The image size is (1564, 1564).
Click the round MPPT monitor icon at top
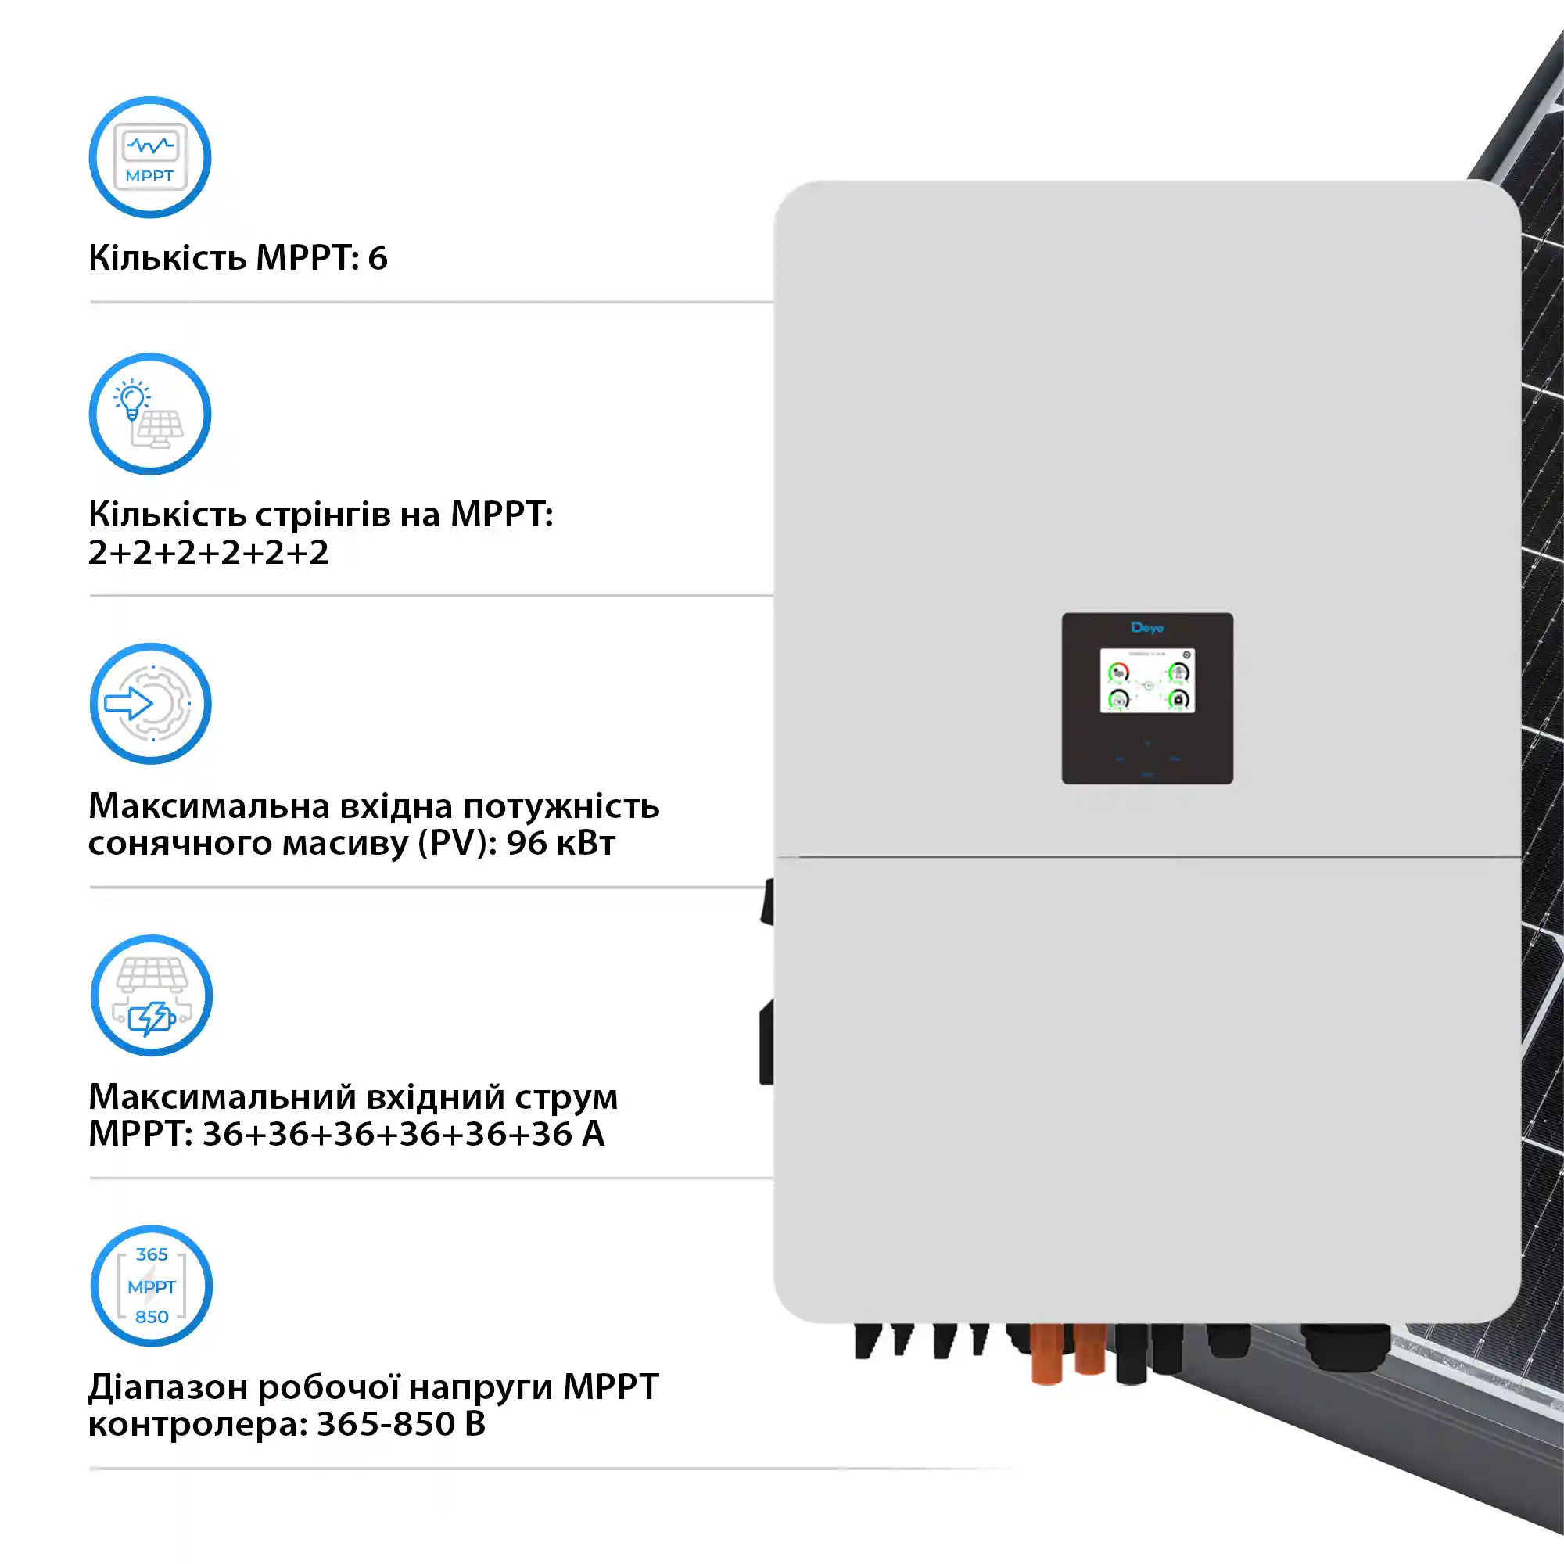click(x=150, y=157)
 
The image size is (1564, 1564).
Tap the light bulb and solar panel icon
click(x=150, y=414)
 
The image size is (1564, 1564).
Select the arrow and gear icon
click(x=151, y=704)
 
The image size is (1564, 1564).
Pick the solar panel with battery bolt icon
click(x=152, y=995)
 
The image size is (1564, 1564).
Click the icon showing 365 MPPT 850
click(x=152, y=1286)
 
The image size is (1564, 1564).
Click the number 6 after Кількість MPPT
click(x=378, y=258)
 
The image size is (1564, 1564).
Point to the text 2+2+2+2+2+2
click(x=209, y=553)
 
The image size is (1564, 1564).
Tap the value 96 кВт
click(x=561, y=844)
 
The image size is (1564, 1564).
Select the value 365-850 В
click(x=401, y=1424)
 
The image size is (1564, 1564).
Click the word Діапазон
click(x=167, y=1387)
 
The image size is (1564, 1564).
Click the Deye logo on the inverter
click(x=1147, y=627)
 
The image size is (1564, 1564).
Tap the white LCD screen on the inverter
click(x=1147, y=681)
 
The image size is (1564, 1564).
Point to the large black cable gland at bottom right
click(x=1345, y=1347)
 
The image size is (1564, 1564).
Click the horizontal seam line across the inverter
click(x=1147, y=856)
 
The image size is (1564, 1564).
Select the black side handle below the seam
click(x=766, y=1042)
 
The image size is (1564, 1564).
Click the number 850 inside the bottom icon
click(x=152, y=1317)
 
